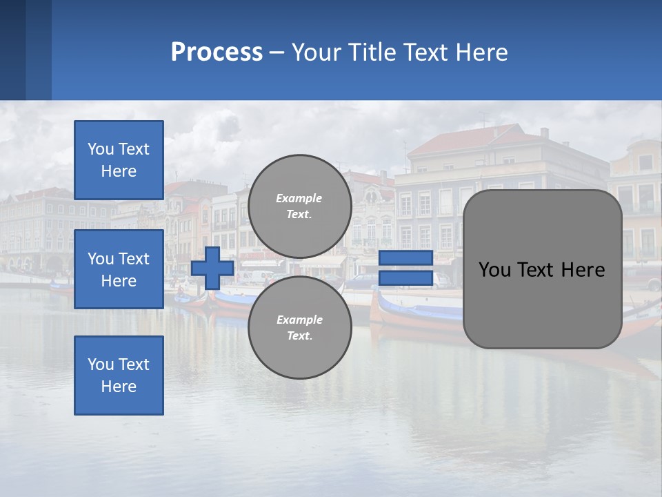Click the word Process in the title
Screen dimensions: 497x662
point(217,52)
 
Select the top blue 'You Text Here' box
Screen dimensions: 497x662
point(119,160)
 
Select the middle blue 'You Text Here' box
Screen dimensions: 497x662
point(119,269)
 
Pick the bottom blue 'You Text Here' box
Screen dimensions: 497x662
point(119,376)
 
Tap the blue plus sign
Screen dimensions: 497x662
point(212,269)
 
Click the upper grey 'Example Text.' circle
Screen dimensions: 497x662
point(299,206)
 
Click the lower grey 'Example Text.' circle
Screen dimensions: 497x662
point(299,327)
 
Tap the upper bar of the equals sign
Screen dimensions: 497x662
point(405,258)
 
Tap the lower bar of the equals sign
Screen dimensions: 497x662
point(405,278)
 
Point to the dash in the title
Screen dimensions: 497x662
point(277,53)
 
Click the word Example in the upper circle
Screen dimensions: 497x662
point(299,198)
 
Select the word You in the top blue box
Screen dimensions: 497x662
point(99,149)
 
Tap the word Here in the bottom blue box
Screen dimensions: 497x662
point(119,387)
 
